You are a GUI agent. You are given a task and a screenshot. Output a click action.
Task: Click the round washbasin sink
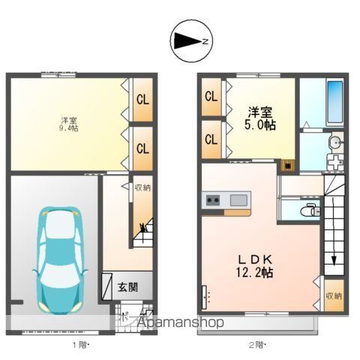click(x=336, y=142)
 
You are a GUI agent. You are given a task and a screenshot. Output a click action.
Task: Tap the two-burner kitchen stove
click(x=212, y=200)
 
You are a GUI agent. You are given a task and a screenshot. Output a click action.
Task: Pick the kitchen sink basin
click(x=238, y=200)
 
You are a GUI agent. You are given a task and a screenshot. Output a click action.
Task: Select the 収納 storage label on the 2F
click(x=334, y=295)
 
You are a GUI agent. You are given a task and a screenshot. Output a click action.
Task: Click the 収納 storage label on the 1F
click(x=142, y=187)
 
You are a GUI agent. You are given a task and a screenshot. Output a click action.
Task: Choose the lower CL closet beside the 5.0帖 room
click(x=211, y=139)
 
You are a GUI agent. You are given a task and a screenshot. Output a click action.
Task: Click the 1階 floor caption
click(x=80, y=346)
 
